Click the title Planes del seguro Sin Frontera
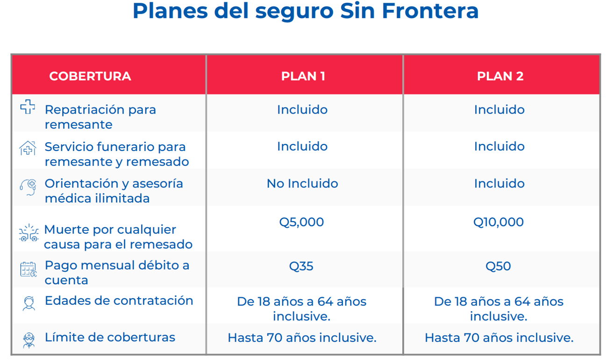306,12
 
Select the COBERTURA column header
90,76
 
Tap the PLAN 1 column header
303,76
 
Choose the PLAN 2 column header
500,76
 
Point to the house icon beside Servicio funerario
28,148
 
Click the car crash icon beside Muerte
28,233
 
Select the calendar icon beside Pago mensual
28,269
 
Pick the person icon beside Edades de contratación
29,303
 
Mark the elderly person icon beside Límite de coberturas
29,339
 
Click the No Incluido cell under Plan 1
302,184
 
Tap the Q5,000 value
301,222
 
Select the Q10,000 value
499,222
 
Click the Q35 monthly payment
301,266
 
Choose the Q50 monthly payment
499,266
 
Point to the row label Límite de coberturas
110,338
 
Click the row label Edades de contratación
119,301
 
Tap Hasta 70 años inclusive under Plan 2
499,338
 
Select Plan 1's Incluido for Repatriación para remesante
302,110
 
